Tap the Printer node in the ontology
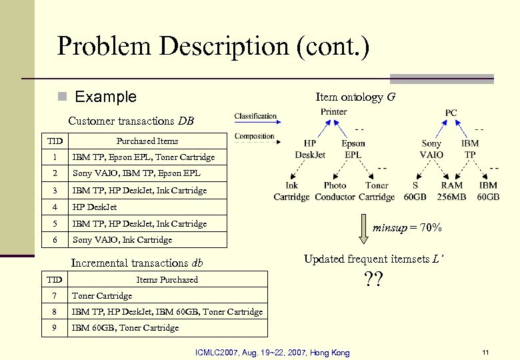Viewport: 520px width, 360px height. tap(333, 112)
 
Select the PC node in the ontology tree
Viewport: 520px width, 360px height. tap(451, 113)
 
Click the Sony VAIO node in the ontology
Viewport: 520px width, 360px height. tap(432, 149)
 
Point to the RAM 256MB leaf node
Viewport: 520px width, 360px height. tap(451, 191)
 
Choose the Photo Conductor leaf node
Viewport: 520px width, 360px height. tap(335, 191)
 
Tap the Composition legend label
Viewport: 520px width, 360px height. tap(255, 136)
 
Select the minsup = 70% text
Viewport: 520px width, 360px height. tap(407, 228)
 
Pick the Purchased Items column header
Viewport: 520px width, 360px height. tap(147, 141)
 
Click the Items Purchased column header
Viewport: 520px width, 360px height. tap(167, 279)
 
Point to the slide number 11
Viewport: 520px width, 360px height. tap(485, 351)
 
